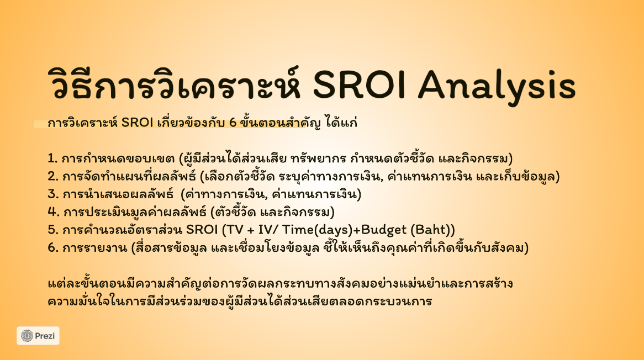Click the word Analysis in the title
497,86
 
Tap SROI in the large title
360,85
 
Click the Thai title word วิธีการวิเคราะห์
174,83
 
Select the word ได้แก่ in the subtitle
341,123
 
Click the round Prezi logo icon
27,336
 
